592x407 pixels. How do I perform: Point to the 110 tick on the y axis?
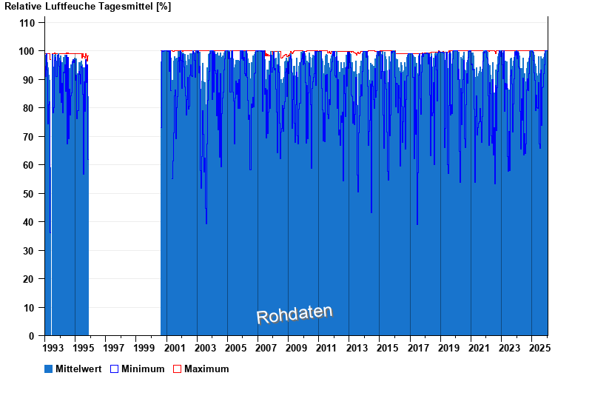[27, 23]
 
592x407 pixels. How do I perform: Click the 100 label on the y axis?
[27, 51]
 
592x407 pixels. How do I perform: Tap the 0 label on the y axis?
[33, 336]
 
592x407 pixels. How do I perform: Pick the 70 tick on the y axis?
[30, 137]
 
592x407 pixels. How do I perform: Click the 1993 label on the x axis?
[54, 348]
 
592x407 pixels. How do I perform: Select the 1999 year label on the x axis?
[145, 348]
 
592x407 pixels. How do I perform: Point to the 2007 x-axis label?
[266, 348]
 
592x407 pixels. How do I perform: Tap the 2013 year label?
[357, 348]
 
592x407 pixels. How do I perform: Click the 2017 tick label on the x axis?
[417, 348]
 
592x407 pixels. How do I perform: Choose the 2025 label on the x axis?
[538, 348]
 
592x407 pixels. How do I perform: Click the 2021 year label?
[478, 348]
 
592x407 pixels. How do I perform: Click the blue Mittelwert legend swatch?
[49, 369]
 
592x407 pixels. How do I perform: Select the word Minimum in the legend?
[143, 369]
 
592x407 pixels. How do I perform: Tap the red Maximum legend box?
[178, 369]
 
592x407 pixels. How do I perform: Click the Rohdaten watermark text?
[295, 314]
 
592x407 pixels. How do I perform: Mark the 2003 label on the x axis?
[205, 348]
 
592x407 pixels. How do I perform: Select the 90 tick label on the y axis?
[30, 80]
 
